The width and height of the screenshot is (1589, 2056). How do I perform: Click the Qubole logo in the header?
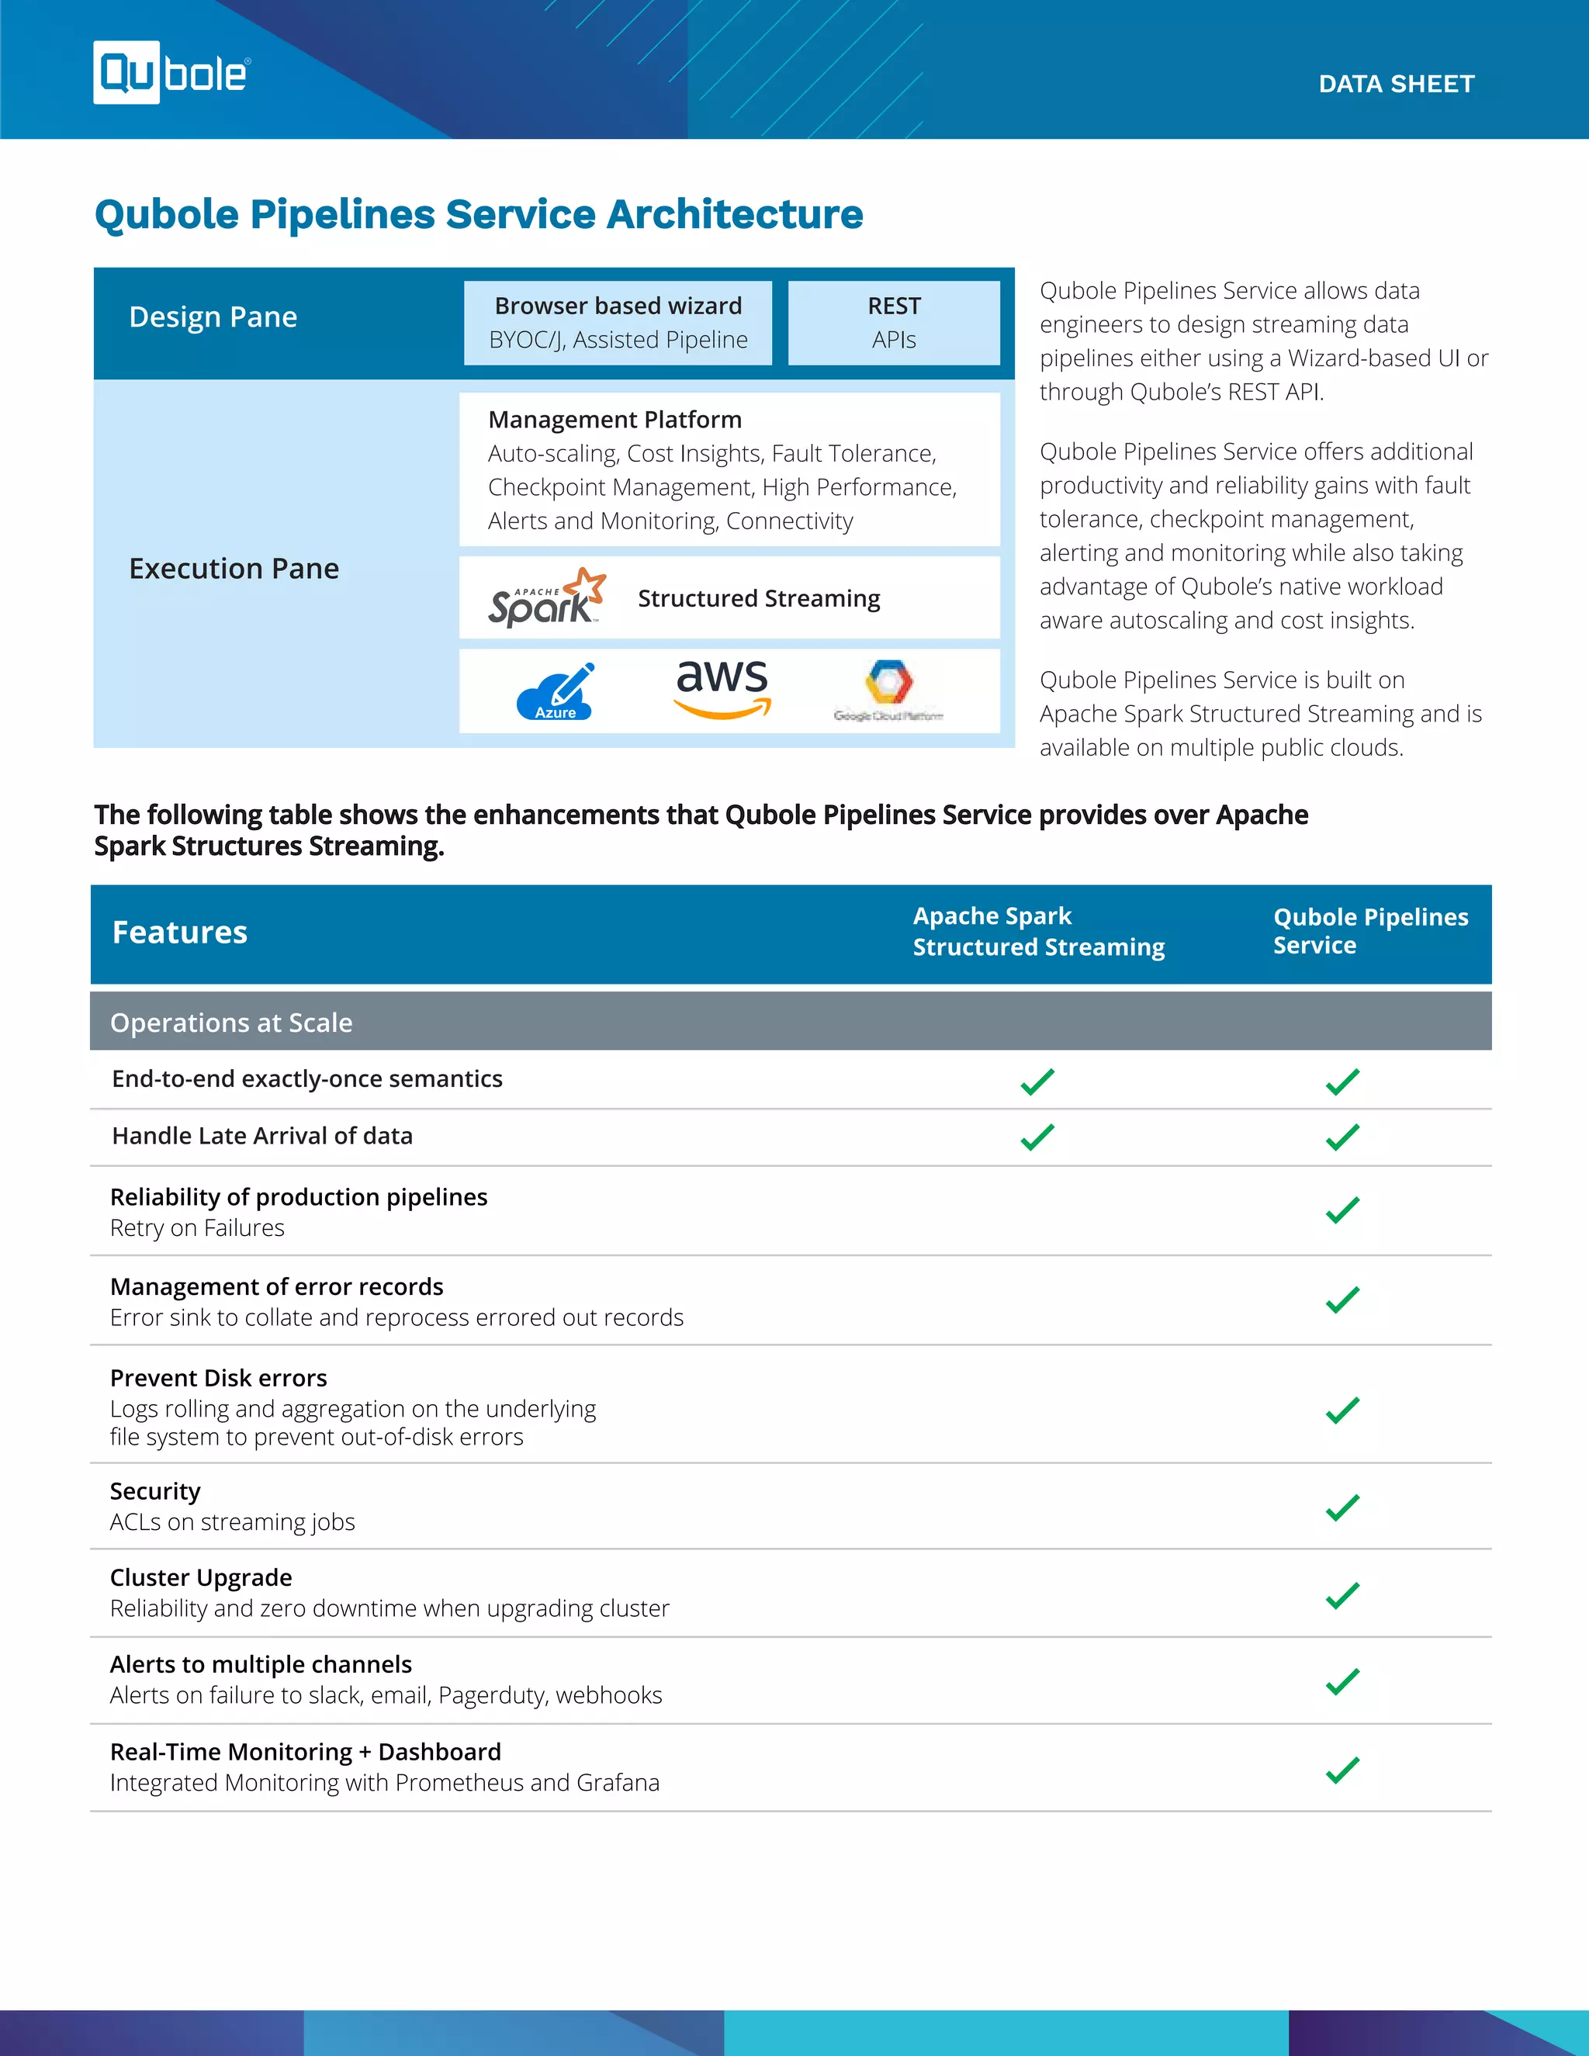171,72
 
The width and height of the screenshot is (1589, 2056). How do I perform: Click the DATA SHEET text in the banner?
1395,84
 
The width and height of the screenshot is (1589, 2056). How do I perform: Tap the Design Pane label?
213,317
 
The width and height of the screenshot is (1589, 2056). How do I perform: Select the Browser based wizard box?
618,323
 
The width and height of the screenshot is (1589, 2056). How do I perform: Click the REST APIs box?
893,323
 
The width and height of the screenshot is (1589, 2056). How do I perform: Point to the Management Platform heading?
614,420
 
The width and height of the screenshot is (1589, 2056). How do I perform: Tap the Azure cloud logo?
556,692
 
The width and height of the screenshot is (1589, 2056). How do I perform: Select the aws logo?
722,688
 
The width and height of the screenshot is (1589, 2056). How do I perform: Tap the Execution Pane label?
234,569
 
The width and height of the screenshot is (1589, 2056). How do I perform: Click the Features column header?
180,933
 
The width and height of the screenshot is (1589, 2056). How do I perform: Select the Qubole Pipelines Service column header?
1369,931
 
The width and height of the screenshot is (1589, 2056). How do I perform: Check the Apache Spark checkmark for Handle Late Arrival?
1037,1137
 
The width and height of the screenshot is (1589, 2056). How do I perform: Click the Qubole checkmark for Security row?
1342,1507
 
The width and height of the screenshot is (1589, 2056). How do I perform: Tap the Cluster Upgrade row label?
200,1578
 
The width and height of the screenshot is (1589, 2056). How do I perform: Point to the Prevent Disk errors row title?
218,1378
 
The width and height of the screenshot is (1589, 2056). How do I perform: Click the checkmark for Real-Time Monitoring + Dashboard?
1342,1770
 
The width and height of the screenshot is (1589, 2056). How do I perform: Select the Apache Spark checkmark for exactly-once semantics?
1037,1082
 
